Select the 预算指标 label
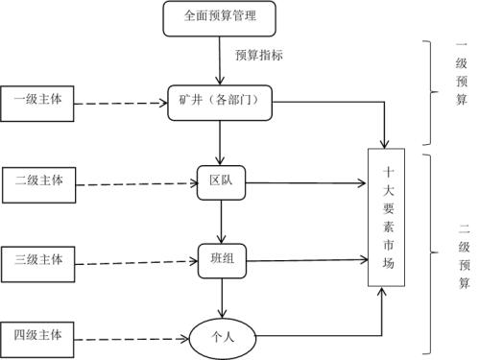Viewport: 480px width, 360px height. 259,55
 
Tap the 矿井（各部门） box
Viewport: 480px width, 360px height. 220,101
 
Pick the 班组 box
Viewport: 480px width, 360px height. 222,258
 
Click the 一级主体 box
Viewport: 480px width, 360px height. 38,100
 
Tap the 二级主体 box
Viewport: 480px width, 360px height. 38,180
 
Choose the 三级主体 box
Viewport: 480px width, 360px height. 38,259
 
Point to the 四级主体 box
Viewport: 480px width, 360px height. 38,336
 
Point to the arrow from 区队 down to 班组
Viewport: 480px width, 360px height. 222,219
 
